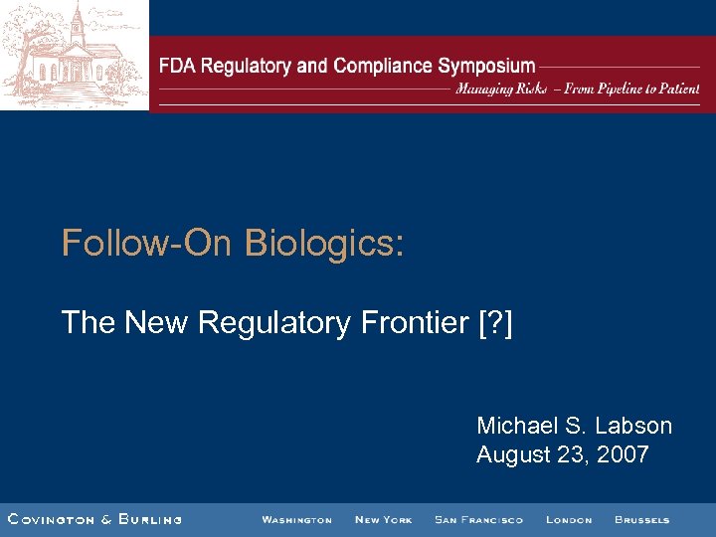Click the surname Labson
(633, 426)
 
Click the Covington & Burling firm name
(94, 519)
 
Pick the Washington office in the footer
(296, 519)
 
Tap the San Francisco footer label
(478, 519)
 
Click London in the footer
(569, 519)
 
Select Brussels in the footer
(642, 519)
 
